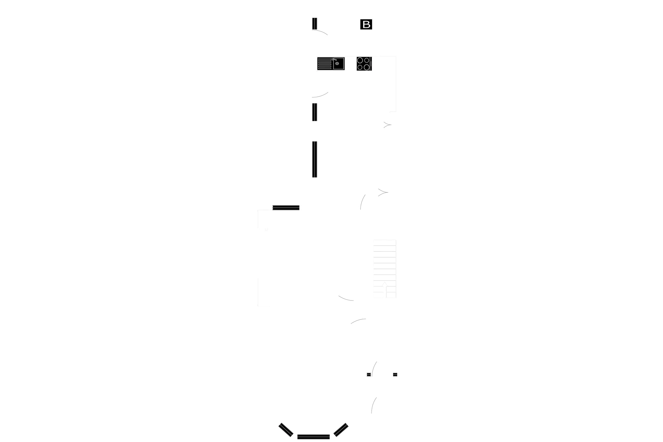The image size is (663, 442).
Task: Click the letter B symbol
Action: click(x=366, y=25)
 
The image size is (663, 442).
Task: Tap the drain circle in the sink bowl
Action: click(x=337, y=64)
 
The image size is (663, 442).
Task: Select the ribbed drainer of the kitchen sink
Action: click(x=325, y=64)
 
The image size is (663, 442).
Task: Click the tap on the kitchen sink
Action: click(x=334, y=59)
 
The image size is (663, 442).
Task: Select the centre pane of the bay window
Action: click(x=313, y=437)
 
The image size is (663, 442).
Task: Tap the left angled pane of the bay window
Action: click(x=286, y=430)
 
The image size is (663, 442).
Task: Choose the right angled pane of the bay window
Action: click(x=341, y=428)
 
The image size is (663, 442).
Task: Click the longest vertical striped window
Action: click(x=316, y=159)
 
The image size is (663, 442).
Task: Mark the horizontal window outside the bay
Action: click(x=286, y=208)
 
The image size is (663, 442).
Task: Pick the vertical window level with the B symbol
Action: click(x=315, y=24)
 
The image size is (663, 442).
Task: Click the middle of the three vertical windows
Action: click(x=316, y=112)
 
